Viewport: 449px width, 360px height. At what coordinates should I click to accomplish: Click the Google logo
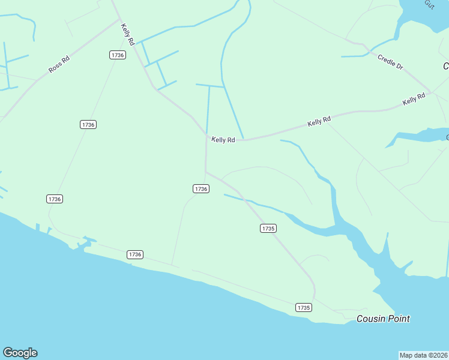pyautogui.click(x=20, y=353)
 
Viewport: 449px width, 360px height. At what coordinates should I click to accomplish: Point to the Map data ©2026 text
pyautogui.click(x=424, y=355)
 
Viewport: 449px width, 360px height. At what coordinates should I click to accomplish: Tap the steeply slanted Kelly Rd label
pyautogui.click(x=127, y=35)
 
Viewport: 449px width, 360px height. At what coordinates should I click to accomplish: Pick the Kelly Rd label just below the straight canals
pyautogui.click(x=223, y=140)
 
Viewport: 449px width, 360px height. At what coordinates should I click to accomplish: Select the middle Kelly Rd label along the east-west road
pyautogui.click(x=319, y=121)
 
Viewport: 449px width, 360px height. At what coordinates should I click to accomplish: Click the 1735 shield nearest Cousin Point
pyautogui.click(x=304, y=307)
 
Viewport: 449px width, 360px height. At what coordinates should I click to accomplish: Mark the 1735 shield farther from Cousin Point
pyautogui.click(x=268, y=228)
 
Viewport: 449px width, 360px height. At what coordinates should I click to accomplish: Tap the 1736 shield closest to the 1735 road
pyautogui.click(x=201, y=188)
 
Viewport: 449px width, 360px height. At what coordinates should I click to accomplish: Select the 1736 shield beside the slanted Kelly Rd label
pyautogui.click(x=118, y=55)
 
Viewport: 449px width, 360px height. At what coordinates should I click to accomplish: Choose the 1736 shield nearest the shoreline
pyautogui.click(x=135, y=254)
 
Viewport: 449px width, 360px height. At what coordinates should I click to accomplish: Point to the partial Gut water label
pyautogui.click(x=429, y=4)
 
